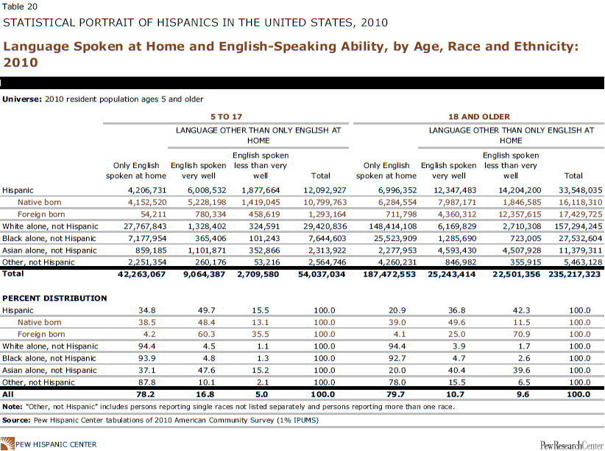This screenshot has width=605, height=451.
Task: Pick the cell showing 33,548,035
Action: point(571,189)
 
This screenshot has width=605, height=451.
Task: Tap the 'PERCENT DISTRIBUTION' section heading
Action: point(54,298)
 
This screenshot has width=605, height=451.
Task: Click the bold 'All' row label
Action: point(10,394)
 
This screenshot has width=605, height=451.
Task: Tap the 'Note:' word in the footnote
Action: point(13,406)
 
